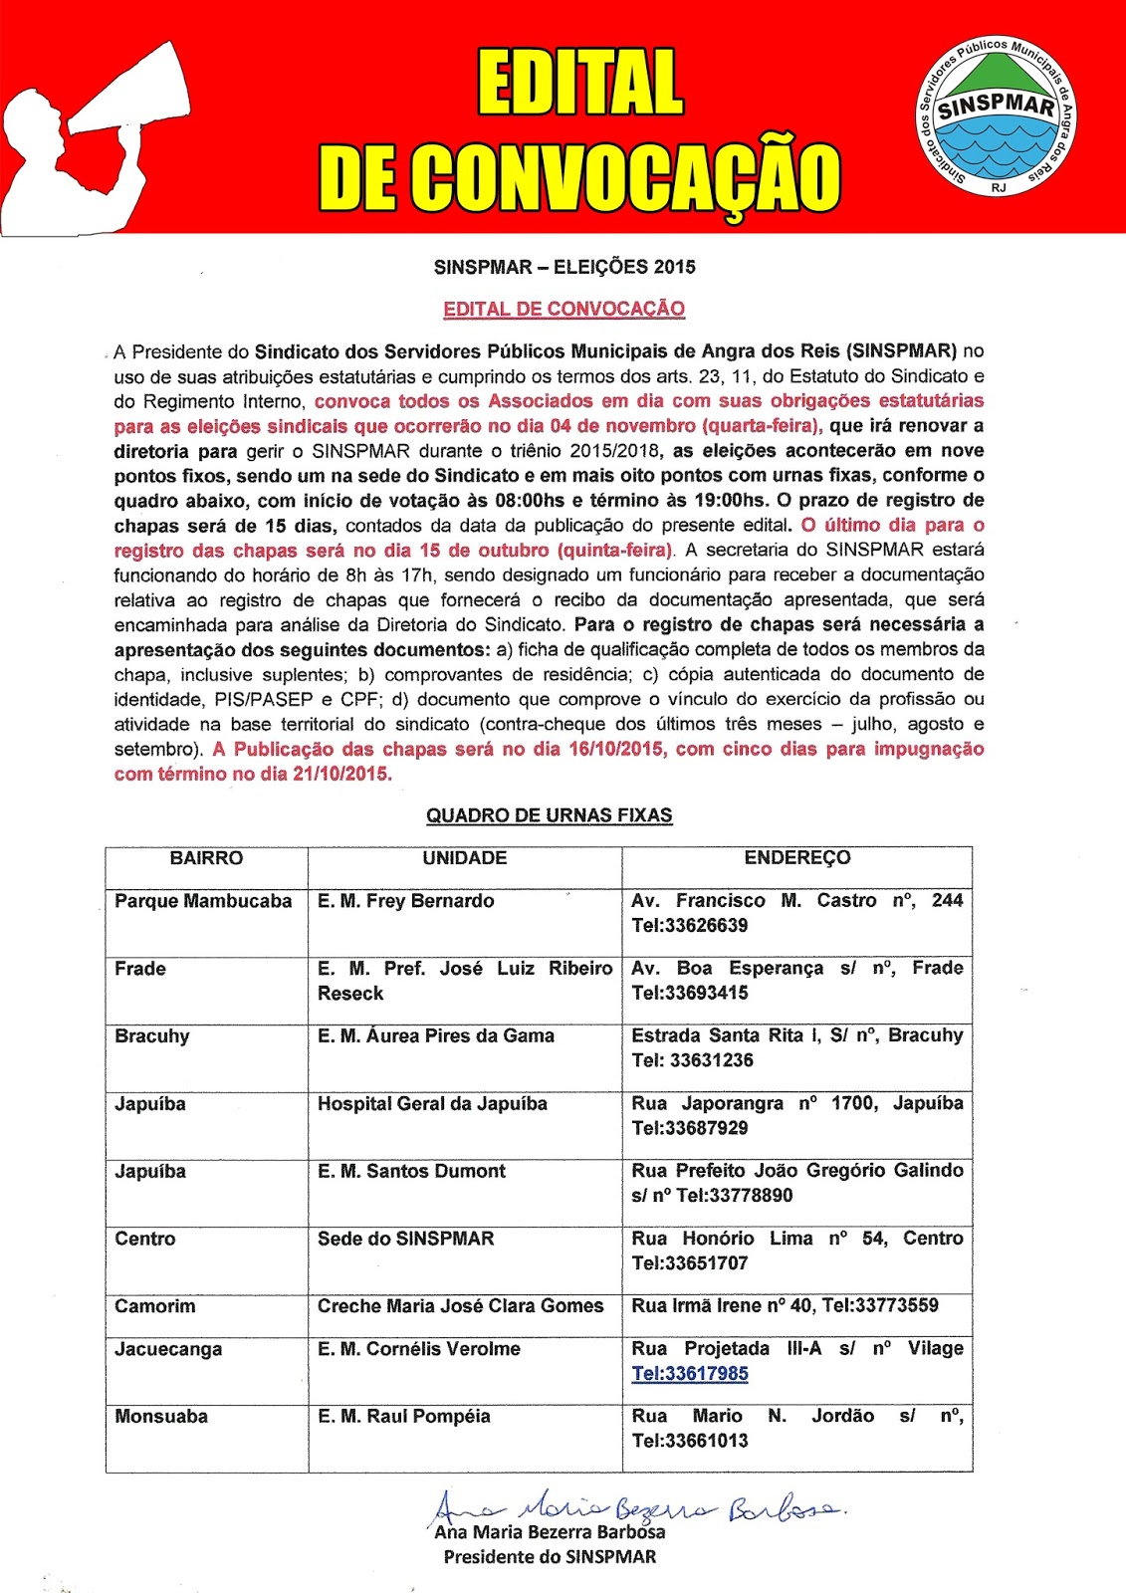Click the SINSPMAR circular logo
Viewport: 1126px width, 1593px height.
[x=996, y=115]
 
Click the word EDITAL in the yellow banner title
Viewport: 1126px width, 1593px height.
[x=580, y=83]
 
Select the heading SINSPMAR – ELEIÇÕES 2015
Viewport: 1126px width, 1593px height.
[x=564, y=267]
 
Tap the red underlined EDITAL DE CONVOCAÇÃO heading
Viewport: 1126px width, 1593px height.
[x=563, y=309]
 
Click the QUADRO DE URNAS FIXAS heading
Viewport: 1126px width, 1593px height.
[x=549, y=815]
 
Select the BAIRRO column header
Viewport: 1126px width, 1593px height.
[x=206, y=858]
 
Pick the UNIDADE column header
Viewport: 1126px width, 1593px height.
[x=464, y=858]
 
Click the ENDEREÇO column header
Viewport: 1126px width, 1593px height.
[x=796, y=858]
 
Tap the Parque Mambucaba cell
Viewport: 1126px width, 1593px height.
[x=203, y=901]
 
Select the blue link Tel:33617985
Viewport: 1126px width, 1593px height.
[x=690, y=1374]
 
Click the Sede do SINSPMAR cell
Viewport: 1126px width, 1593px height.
[x=405, y=1240]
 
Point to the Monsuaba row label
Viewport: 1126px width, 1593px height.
[x=161, y=1417]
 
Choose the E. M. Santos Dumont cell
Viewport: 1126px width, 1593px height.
[x=411, y=1172]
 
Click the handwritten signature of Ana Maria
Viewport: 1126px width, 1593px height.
[x=637, y=1509]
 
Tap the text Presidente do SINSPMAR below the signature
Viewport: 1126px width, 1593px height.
[x=550, y=1557]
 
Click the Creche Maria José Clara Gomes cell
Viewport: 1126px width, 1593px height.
[x=460, y=1306]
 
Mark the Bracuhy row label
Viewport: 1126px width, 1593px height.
[x=151, y=1036]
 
